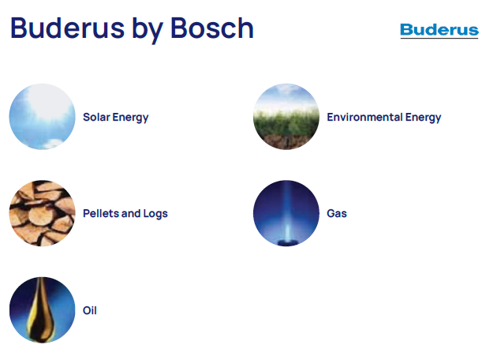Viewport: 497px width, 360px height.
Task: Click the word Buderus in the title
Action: pyautogui.click(x=67, y=28)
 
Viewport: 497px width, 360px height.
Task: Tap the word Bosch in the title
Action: pyautogui.click(x=212, y=28)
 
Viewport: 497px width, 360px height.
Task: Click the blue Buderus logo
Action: pyautogui.click(x=439, y=31)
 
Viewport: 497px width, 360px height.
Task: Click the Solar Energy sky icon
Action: pyautogui.click(x=42, y=116)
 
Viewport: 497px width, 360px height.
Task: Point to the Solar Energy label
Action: pyautogui.click(x=116, y=118)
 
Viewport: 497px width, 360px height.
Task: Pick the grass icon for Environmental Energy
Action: pyautogui.click(x=286, y=116)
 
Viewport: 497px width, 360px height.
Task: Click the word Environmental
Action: pyautogui.click(x=364, y=117)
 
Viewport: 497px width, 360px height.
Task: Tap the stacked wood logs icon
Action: pyautogui.click(x=42, y=213)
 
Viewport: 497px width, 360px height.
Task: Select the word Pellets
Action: pyautogui.click(x=101, y=213)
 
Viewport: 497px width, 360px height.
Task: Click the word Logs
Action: pyautogui.click(x=155, y=214)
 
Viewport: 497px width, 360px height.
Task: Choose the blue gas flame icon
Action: pyautogui.click(x=286, y=213)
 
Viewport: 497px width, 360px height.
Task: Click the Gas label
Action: pyautogui.click(x=337, y=213)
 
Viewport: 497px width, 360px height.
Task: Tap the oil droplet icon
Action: pyautogui.click(x=42, y=310)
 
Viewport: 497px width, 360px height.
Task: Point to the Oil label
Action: pyautogui.click(x=90, y=310)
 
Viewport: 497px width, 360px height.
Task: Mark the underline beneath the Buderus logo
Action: pyautogui.click(x=439, y=39)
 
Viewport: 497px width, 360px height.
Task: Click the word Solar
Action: pyautogui.click(x=96, y=117)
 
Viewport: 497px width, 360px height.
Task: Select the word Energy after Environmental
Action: pyautogui.click(x=423, y=118)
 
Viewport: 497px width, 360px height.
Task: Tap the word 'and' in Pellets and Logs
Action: pyautogui.click(x=131, y=213)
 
